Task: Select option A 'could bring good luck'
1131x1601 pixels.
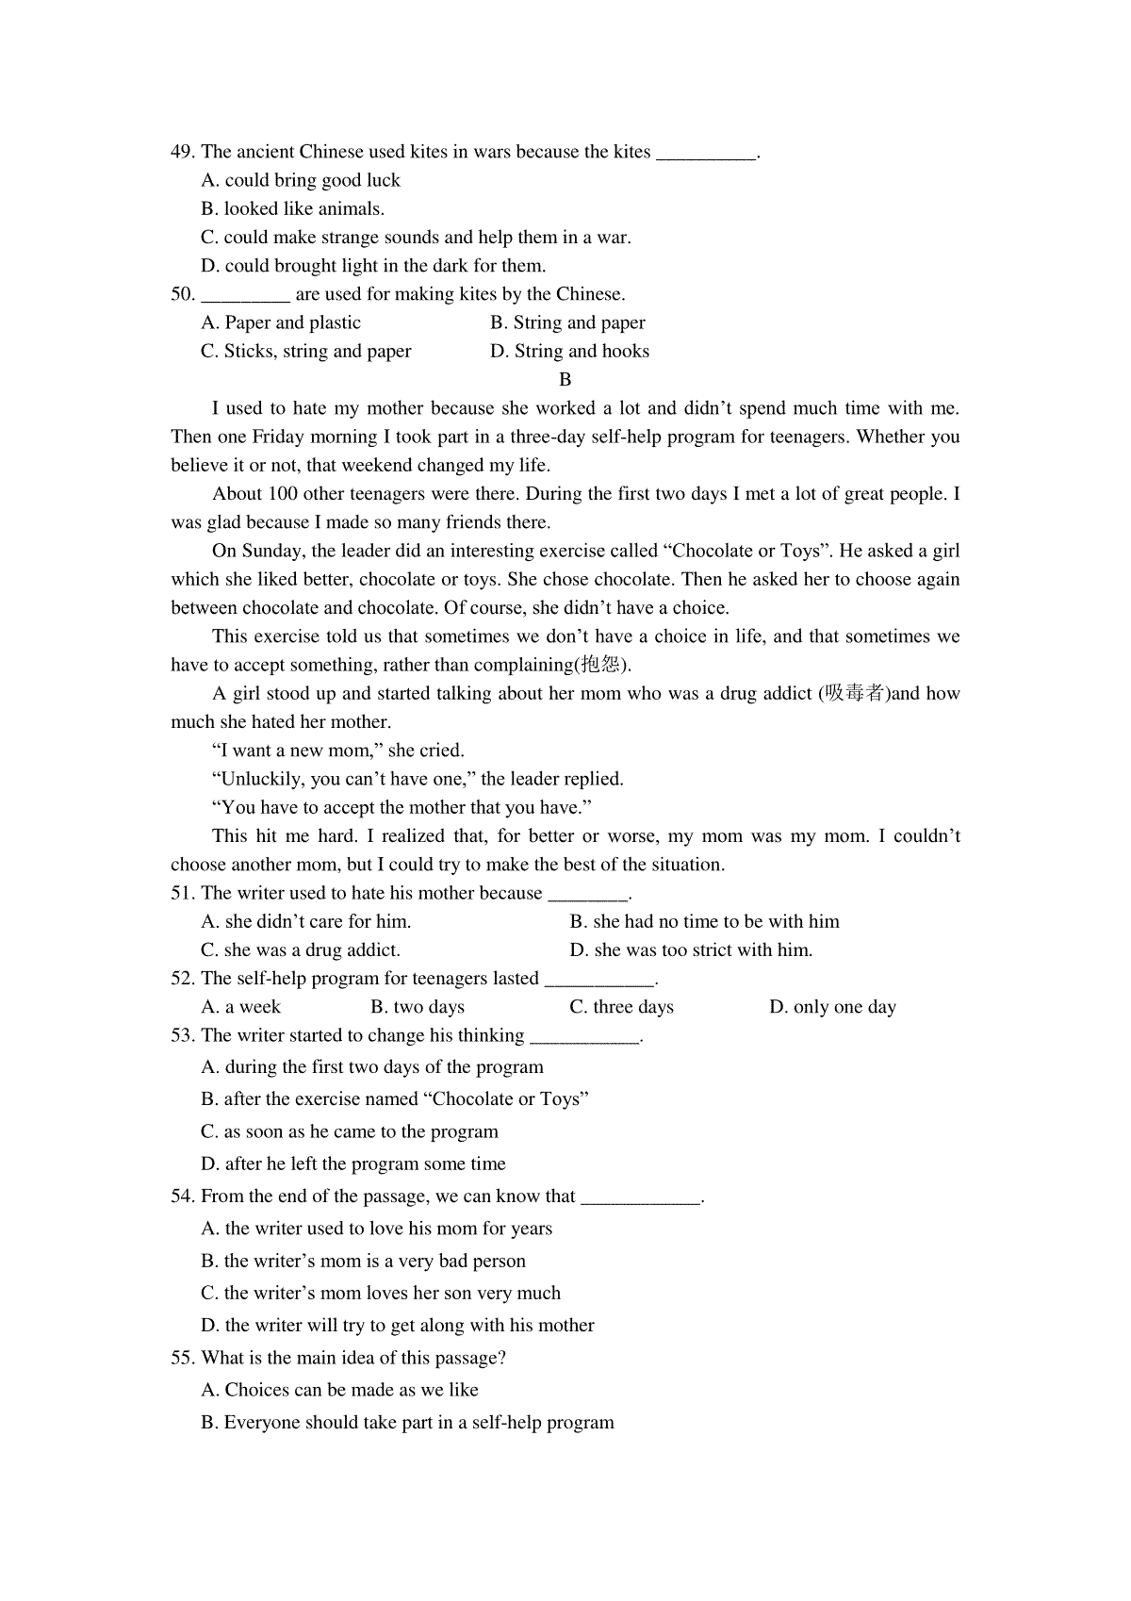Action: [x=301, y=180]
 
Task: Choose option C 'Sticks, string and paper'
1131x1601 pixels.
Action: [x=306, y=352]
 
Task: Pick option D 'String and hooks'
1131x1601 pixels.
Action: [x=569, y=352]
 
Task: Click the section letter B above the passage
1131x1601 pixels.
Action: [x=565, y=380]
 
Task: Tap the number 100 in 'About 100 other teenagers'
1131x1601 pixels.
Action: [x=283, y=494]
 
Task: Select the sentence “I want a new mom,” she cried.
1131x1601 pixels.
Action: [x=338, y=751]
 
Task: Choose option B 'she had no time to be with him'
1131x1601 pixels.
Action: [x=704, y=922]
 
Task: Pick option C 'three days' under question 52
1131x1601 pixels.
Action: [x=621, y=1007]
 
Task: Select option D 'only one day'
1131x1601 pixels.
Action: [x=832, y=1007]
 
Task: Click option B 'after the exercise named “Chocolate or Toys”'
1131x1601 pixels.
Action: [x=395, y=1099]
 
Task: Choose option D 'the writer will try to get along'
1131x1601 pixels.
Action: [x=398, y=1326]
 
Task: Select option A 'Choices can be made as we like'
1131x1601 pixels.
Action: [x=339, y=1390]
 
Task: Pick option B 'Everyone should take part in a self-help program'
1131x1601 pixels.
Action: [x=407, y=1423]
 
